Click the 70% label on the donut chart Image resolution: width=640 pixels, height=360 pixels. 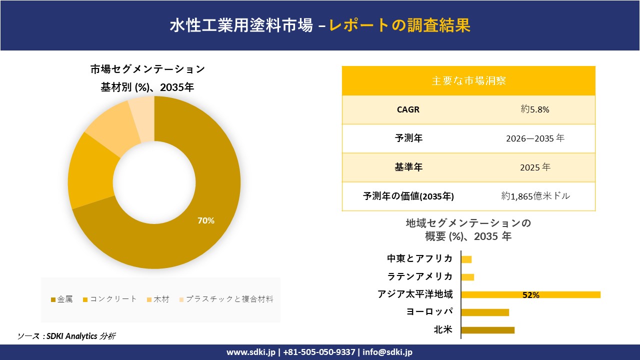click(x=206, y=220)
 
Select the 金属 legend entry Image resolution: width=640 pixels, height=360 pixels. click(x=62, y=299)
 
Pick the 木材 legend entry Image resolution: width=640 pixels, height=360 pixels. click(x=158, y=299)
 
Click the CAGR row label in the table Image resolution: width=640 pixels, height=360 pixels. click(x=408, y=109)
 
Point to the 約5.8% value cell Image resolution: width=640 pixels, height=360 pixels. click(x=535, y=109)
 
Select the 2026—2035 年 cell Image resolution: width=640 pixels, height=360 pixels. click(x=535, y=138)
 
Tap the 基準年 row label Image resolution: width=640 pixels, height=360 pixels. click(x=408, y=167)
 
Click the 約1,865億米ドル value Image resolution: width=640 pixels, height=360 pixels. click(x=535, y=196)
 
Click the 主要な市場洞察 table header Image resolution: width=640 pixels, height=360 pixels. click(x=468, y=80)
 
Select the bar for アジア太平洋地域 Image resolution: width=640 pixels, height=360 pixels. click(x=530, y=294)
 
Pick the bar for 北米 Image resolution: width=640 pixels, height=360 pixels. click(x=487, y=330)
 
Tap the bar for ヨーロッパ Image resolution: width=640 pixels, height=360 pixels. click(x=485, y=312)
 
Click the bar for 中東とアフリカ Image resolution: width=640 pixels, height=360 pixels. click(x=466, y=259)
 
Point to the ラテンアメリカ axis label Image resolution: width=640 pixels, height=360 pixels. click(x=420, y=276)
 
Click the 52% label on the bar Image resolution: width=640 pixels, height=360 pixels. click(x=530, y=295)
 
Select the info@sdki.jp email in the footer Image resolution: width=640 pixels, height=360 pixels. click(x=387, y=352)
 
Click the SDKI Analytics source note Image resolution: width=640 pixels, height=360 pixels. click(x=66, y=336)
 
